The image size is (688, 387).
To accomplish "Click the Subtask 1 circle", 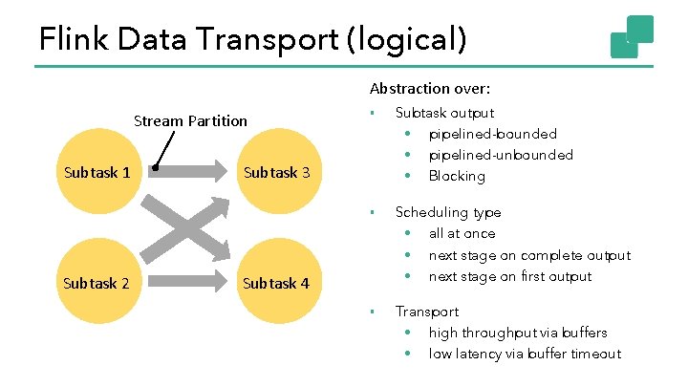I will [96, 173].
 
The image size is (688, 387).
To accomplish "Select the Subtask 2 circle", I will [96, 283].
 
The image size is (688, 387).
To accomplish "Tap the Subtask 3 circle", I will [276, 173].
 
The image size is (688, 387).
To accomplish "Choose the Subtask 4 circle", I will [276, 283].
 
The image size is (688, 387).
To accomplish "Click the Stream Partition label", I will [190, 121].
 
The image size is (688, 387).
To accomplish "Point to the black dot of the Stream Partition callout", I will [155, 167].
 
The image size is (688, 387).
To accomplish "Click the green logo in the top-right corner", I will [633, 36].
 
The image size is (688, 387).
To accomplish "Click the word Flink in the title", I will [72, 39].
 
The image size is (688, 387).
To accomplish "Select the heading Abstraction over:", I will [430, 89].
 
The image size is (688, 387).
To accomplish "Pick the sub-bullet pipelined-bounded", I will [492, 134].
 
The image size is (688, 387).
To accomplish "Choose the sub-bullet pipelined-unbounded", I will [501, 155].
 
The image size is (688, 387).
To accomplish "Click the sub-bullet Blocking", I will [457, 176].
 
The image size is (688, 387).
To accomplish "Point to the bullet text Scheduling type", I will [448, 212].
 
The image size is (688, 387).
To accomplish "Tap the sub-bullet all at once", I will [462, 233].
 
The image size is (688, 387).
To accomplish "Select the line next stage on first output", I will [510, 276].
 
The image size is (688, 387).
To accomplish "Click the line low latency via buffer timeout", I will [525, 354].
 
